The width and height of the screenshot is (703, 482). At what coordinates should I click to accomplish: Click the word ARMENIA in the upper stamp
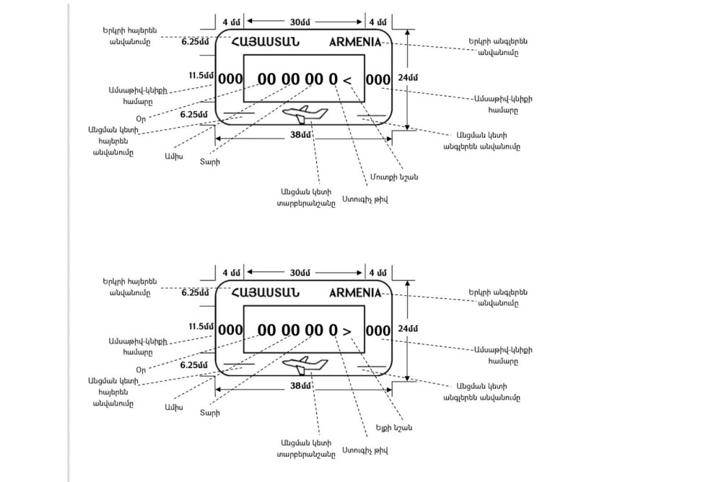point(355,42)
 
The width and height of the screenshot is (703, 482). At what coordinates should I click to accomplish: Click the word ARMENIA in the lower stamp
point(355,293)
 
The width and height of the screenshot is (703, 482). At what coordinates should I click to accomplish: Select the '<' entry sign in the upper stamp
point(348,80)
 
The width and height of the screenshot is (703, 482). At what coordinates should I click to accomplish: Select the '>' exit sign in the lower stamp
point(348,331)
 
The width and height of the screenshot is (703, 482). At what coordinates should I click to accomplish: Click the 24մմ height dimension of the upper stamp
point(408,77)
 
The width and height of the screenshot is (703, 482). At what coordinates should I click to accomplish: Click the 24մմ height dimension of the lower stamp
point(408,328)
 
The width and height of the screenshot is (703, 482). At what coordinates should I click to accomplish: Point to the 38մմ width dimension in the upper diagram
point(300,135)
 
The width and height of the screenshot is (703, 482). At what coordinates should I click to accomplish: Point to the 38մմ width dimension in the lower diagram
point(300,386)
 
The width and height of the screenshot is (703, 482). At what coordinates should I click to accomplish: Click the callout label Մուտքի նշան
point(396,177)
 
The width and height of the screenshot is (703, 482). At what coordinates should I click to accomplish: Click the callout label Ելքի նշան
point(394,428)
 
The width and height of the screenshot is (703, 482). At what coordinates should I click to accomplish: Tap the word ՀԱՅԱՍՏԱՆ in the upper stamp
point(265,42)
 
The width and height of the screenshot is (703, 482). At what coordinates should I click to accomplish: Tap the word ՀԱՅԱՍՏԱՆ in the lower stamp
point(265,293)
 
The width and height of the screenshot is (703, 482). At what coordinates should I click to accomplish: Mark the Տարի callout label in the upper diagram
point(210,162)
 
